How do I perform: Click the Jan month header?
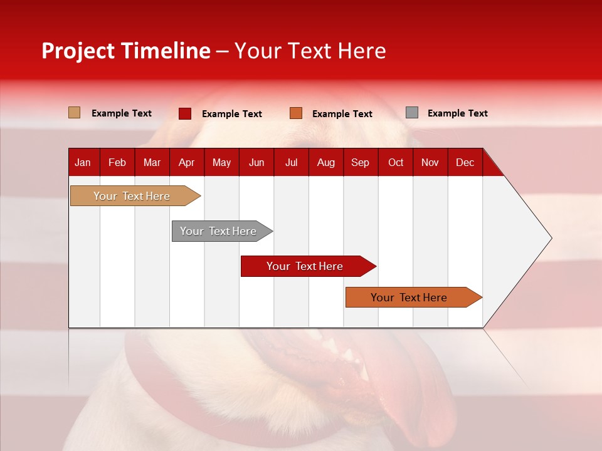83,162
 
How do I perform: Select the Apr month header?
186,162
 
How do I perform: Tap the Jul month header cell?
291,162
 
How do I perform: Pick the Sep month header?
360,162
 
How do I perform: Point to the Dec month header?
465,162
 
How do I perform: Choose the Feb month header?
117,162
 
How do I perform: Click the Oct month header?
396,162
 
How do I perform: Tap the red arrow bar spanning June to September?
305,266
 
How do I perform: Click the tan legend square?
75,113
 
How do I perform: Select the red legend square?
185,113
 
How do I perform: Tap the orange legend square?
296,113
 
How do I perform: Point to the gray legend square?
412,113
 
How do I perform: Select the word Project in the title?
78,51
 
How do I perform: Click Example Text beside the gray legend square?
457,113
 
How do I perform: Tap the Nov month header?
430,162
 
